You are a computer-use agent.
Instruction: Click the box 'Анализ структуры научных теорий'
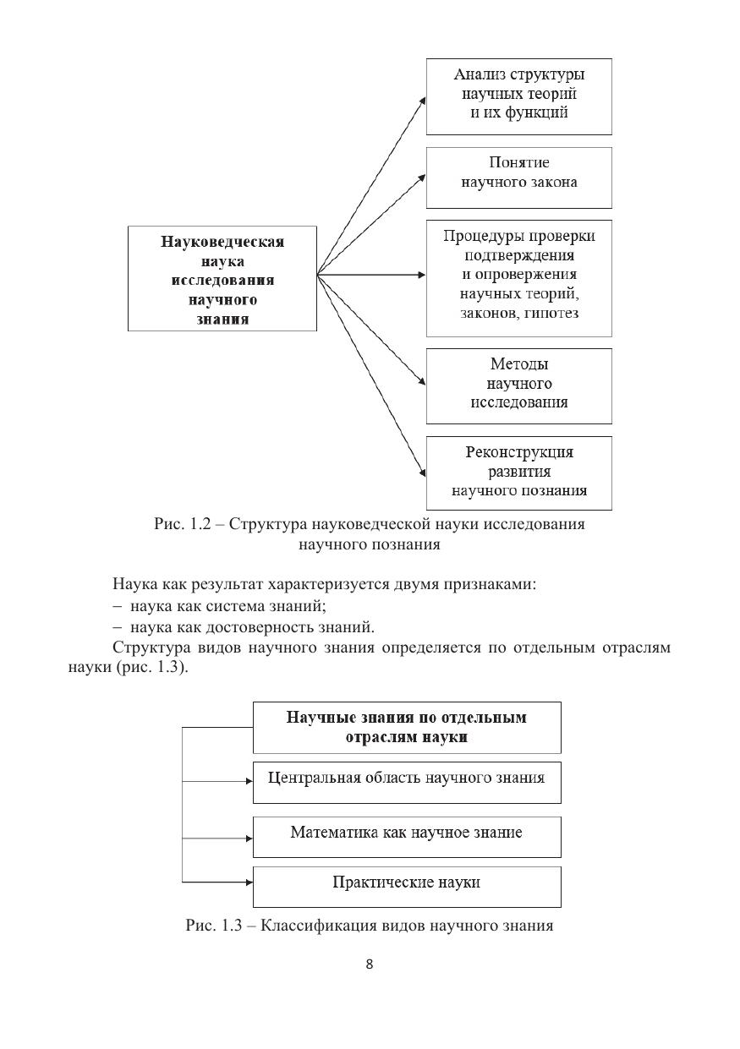(518, 96)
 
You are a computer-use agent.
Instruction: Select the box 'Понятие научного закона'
(518, 178)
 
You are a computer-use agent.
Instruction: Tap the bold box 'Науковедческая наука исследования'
(222, 277)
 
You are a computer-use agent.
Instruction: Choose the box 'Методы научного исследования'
(518, 385)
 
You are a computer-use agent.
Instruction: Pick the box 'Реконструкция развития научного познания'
(518, 473)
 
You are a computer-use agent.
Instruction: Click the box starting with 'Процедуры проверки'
(518, 278)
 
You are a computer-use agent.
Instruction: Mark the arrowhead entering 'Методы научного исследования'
(421, 385)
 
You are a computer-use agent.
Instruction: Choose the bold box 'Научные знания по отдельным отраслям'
(407, 727)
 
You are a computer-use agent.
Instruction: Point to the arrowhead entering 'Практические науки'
(249, 882)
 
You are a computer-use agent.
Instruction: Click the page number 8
(370, 965)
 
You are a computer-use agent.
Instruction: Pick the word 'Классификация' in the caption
(315, 926)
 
